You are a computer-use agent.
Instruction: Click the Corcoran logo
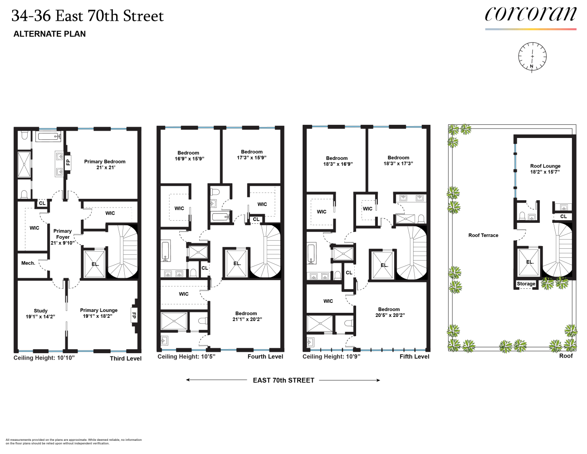click(x=530, y=15)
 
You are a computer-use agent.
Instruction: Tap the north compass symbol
click(x=532, y=57)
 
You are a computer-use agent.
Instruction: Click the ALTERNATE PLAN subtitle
click(x=49, y=34)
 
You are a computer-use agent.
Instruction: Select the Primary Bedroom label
click(x=105, y=164)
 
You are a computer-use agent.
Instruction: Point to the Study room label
click(x=40, y=314)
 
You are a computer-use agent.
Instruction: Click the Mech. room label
click(x=28, y=263)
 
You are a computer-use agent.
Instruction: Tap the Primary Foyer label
click(x=63, y=237)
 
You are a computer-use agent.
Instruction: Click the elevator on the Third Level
click(x=95, y=263)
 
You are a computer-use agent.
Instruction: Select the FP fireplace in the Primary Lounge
click(x=134, y=315)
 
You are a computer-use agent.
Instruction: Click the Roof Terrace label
click(x=483, y=235)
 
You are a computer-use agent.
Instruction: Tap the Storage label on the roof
click(x=526, y=284)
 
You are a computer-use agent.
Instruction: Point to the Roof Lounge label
click(x=545, y=169)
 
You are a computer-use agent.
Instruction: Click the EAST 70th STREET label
click(x=284, y=380)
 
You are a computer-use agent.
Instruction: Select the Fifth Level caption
click(x=414, y=357)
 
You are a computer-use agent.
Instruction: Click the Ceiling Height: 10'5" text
click(x=186, y=357)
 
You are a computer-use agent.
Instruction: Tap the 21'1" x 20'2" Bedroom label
click(x=246, y=316)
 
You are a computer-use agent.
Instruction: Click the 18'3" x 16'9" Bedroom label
click(x=337, y=161)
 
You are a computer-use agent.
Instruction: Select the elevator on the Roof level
click(x=529, y=262)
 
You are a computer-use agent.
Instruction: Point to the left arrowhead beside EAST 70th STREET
click(x=188, y=380)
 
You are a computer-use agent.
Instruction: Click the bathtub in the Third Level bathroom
click(x=49, y=136)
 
